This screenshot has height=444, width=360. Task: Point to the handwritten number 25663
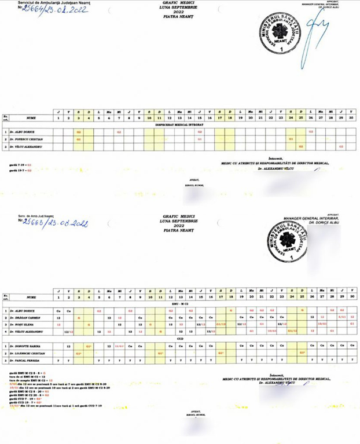53,222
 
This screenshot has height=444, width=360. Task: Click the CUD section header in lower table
180,339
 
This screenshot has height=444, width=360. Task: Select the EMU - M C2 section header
180,303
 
